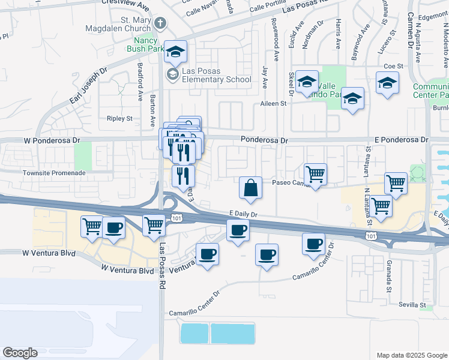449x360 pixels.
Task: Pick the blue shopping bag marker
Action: [x=250, y=188]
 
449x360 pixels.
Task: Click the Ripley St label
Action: [x=119, y=119]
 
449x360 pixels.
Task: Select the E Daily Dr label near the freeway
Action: [x=243, y=213]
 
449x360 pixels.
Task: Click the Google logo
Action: [x=20, y=353]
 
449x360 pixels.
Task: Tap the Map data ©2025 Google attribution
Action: [x=411, y=355]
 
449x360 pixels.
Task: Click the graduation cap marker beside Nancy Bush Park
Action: [x=176, y=52]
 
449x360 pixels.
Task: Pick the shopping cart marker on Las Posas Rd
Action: [x=154, y=226]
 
